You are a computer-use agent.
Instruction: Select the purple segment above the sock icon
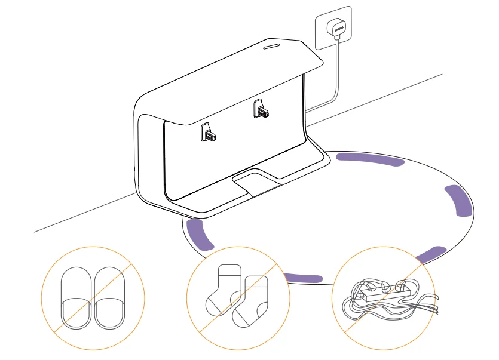[x=302, y=278]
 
